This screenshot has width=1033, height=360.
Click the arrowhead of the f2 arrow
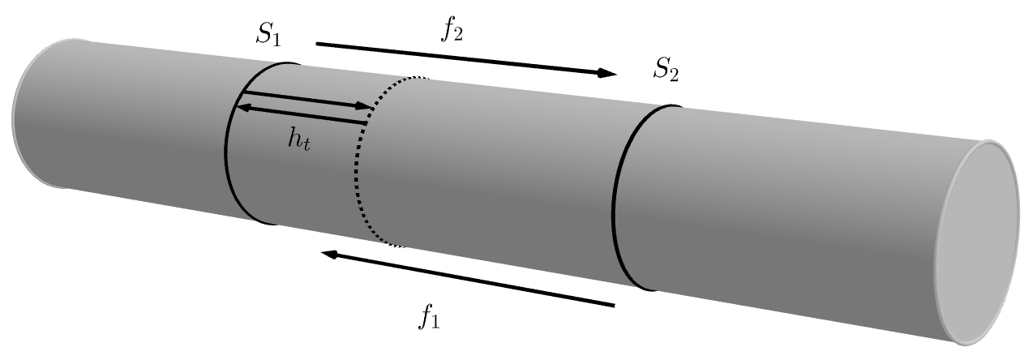pos(610,75)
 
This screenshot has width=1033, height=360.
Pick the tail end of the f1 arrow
pos(614,306)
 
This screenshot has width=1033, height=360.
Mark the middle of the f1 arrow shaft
pos(470,280)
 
